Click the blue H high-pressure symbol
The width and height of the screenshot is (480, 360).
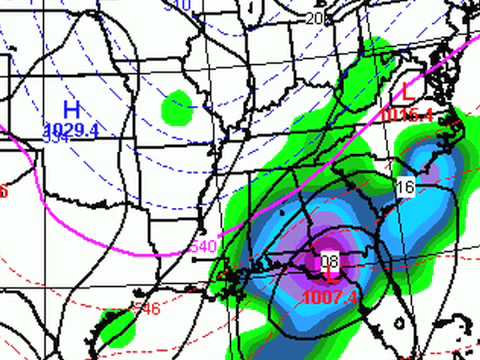pyautogui.click(x=71, y=108)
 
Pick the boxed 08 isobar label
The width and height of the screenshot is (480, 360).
pyautogui.click(x=329, y=262)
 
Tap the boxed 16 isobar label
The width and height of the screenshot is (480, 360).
pyautogui.click(x=404, y=188)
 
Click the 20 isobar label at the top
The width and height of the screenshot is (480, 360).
pyautogui.click(x=315, y=18)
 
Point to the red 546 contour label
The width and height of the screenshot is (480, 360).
pyautogui.click(x=147, y=310)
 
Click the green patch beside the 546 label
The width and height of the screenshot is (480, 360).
pyautogui.click(x=117, y=326)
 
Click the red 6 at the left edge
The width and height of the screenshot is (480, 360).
pyautogui.click(x=4, y=191)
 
